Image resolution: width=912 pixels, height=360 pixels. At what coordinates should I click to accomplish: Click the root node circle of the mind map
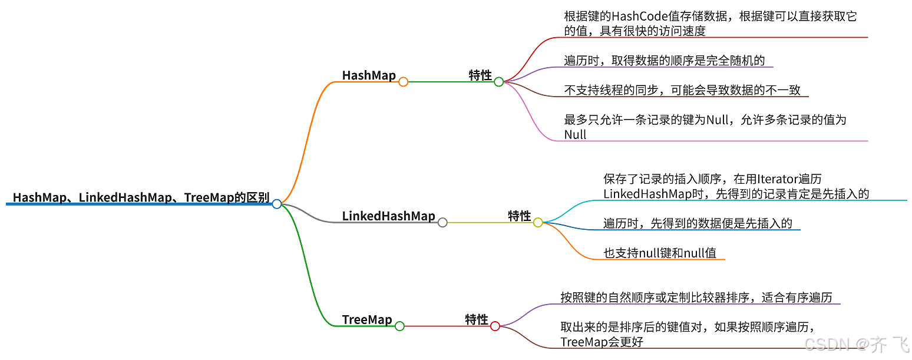coord(277,204)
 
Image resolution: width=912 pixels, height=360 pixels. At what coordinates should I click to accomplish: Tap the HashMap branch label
coord(369,75)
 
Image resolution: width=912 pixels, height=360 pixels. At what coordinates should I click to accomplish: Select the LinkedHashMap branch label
coord(388,216)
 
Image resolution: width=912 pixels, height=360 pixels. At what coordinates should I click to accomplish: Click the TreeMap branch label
coord(367,320)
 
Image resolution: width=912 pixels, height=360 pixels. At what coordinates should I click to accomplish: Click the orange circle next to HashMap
coord(403,82)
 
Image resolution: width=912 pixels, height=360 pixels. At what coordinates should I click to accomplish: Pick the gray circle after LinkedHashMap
coord(442,223)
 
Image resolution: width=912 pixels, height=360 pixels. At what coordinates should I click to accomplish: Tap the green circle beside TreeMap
coord(399,326)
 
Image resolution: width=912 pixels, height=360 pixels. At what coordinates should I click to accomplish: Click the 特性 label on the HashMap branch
coord(480,75)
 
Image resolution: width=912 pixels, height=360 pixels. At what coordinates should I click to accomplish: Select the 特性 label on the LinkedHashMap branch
coord(520,216)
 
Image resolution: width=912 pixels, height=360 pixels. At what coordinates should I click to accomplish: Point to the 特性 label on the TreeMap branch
coord(477,320)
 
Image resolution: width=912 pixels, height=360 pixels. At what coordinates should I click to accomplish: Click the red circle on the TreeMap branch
coord(495,326)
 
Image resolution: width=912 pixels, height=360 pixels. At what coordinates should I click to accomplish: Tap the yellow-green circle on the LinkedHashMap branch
coord(538,223)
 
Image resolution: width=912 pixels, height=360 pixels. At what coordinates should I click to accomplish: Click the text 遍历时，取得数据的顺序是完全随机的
coord(665,61)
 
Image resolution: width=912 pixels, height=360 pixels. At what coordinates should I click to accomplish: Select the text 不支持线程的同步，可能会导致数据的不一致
coord(682,90)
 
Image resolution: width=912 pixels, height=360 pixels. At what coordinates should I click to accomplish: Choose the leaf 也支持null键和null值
coord(660,253)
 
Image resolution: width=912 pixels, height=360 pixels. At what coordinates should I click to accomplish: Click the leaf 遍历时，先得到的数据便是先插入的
coord(698,223)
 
